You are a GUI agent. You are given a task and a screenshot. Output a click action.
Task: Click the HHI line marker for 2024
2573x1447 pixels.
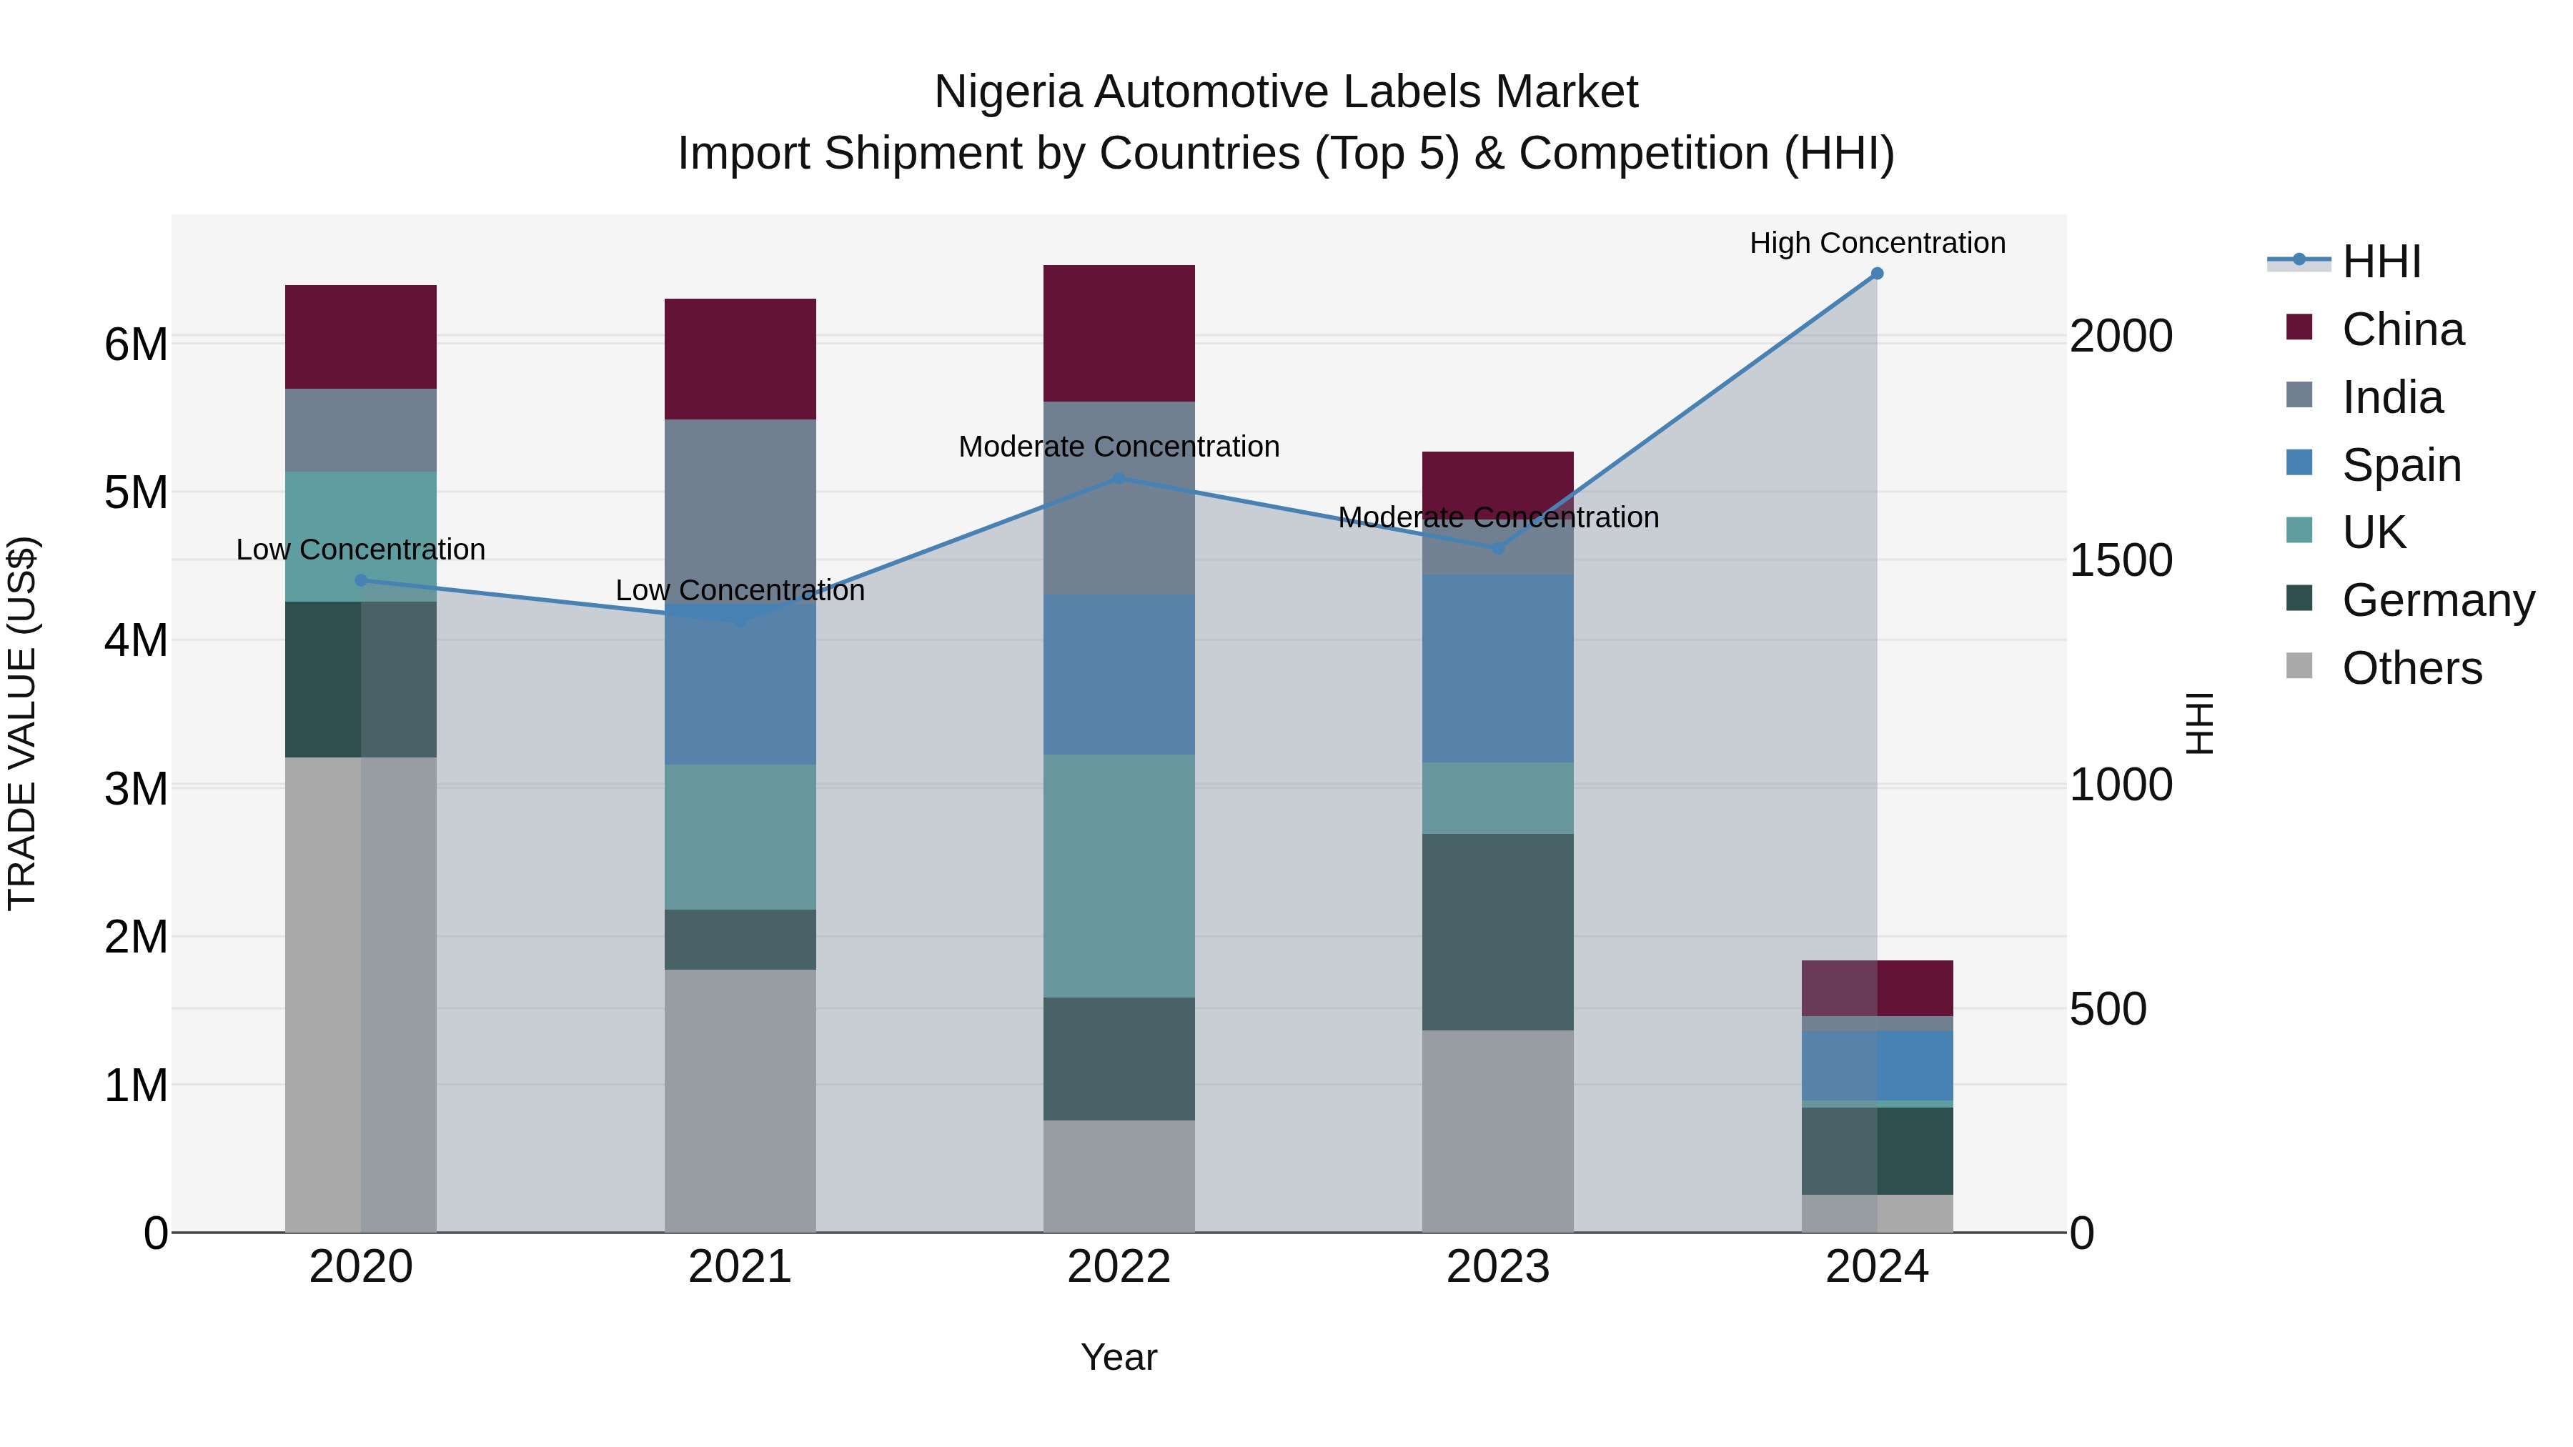1876,274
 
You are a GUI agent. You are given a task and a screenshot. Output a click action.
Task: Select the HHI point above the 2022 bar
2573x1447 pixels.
1119,478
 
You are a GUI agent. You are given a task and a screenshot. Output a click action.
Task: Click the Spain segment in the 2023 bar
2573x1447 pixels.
1497,668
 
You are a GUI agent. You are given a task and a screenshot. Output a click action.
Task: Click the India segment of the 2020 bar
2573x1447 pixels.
361,429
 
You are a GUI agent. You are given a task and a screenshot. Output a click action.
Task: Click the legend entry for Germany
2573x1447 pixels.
2437,600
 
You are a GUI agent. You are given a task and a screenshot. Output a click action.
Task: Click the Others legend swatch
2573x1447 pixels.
2299,666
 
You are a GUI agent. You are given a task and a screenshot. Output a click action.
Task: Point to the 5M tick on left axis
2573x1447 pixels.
136,492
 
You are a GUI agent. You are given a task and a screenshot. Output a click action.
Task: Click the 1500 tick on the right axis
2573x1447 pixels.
2120,560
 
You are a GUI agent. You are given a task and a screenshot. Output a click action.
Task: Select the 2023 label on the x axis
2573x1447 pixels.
1497,1267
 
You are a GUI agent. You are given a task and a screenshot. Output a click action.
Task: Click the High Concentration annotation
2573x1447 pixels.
1876,243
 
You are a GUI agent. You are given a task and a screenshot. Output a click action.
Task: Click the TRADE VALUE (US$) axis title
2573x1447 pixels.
22,723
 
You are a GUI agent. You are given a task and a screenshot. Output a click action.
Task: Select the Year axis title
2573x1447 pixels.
1119,1357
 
